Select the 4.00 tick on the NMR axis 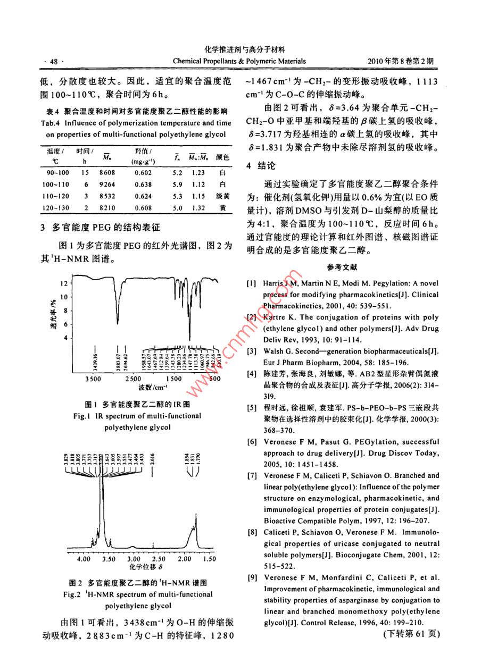coord(84,559)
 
